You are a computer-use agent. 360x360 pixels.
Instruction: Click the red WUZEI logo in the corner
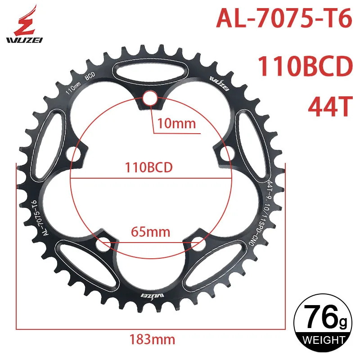coord(24,24)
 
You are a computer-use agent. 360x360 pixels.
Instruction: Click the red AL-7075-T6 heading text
coord(284,18)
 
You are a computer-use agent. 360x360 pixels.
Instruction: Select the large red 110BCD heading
coord(306,66)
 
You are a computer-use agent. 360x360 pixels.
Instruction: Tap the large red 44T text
coord(330,107)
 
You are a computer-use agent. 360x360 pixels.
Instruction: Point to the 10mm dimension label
coord(176,123)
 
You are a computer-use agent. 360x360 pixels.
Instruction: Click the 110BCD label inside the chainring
coord(148,167)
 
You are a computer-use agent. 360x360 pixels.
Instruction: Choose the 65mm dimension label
coord(150,232)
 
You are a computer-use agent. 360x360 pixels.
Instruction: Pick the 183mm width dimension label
coord(152,339)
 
